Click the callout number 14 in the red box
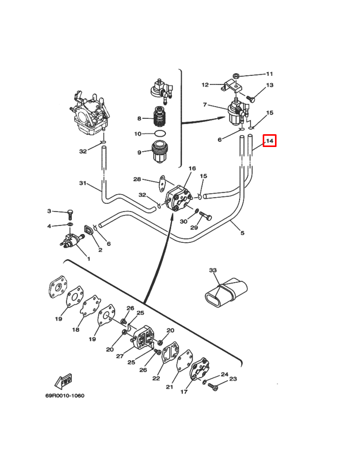(x=270, y=140)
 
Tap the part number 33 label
(x=213, y=270)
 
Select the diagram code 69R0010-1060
(x=64, y=395)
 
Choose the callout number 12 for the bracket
(x=205, y=85)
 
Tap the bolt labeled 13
(x=251, y=97)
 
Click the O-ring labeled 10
(x=160, y=134)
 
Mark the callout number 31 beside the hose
(x=82, y=183)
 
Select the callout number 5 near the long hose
(x=242, y=233)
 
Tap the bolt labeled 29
(x=205, y=215)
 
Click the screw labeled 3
(x=70, y=214)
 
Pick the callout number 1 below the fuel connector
(x=88, y=259)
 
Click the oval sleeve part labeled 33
(x=226, y=292)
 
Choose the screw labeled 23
(x=214, y=389)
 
